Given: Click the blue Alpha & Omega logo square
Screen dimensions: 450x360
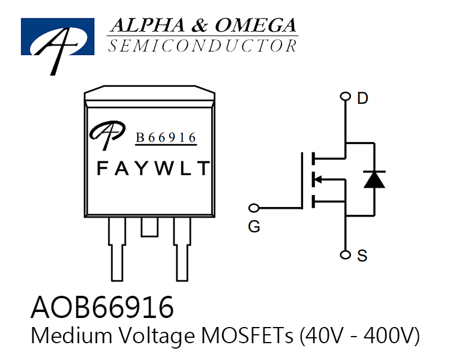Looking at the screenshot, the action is pos(58,37).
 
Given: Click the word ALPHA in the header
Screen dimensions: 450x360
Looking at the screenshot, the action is pos(148,25).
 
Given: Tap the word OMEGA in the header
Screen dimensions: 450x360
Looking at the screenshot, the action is pos(256,25).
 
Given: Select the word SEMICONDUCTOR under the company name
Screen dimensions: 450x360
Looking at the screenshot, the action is pos(203,46).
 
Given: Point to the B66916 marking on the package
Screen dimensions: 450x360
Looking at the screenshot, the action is pos(166,138).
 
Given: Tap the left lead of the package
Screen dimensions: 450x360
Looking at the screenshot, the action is pos(117,249).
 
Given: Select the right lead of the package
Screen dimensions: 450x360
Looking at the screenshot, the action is pos(182,249).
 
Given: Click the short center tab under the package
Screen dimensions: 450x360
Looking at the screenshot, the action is pos(149,227).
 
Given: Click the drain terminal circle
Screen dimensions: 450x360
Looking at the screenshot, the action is pos(345,96).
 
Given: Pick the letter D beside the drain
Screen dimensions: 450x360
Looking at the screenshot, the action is pos(362,98).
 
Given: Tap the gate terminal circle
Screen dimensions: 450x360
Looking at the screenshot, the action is pos(254,208).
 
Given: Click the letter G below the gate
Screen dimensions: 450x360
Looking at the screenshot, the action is pos(254,227).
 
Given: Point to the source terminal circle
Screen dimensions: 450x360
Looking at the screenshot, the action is pos(345,254).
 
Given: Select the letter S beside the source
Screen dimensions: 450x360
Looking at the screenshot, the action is pos(362,256).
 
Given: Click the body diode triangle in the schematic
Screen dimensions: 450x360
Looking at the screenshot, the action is pos(374,179).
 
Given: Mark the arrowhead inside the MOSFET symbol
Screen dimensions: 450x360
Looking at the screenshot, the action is pos(317,180).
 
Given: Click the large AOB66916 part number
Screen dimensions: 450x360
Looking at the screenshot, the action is pos(102,307).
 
